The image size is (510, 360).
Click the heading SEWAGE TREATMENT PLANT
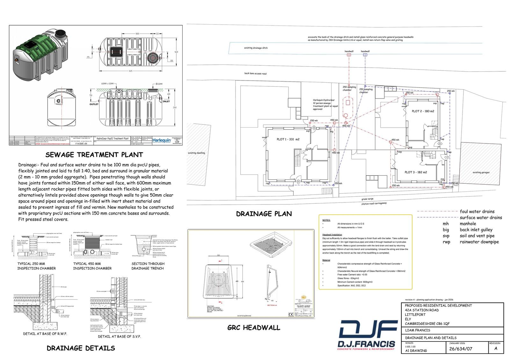coord(94,155)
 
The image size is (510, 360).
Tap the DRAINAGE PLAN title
coord(264,214)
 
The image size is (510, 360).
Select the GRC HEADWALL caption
coord(254,328)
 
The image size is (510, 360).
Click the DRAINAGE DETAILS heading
coord(81,348)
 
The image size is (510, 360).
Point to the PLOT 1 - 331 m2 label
coord(288,139)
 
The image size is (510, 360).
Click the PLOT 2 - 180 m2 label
coord(423,111)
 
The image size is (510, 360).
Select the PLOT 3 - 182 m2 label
coord(416,172)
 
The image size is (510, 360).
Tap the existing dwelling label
coord(196,153)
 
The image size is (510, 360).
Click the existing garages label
coord(481,173)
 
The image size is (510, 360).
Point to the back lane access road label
coord(255,74)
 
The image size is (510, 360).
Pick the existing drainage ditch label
coord(256,48)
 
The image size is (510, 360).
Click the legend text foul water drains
coord(477,211)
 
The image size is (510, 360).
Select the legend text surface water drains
coord(481,217)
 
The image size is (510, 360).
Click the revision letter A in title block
coord(496,349)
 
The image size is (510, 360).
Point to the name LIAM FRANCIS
coord(417,330)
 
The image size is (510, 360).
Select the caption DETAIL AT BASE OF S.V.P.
coord(119,336)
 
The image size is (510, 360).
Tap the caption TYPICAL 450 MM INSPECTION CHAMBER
coord(92,266)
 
